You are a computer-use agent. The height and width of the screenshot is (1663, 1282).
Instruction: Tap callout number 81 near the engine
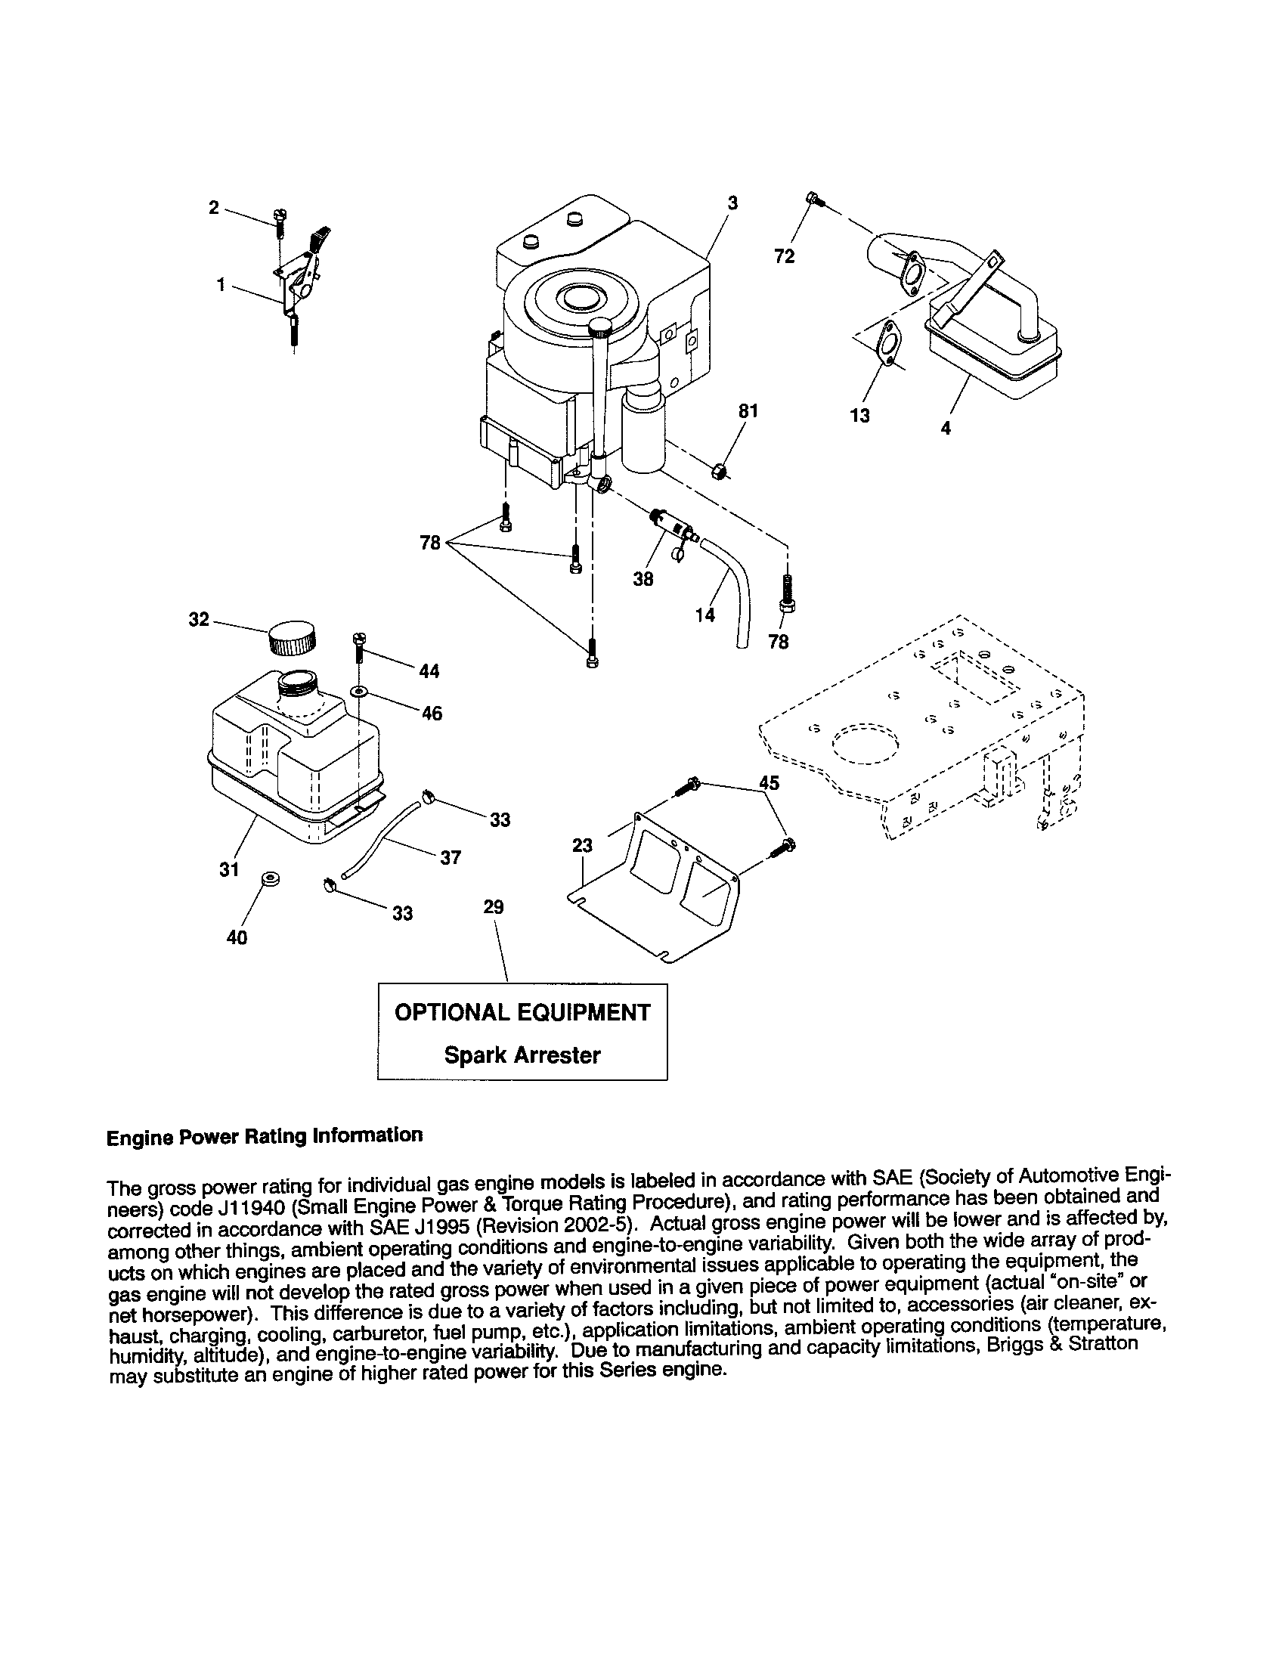point(748,411)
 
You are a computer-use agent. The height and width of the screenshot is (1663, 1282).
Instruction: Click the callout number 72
point(784,256)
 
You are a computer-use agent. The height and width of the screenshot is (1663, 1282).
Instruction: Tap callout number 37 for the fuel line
point(451,857)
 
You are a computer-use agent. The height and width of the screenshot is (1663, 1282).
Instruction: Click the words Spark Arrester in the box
point(522,1055)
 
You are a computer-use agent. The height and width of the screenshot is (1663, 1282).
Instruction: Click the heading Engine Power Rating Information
point(264,1136)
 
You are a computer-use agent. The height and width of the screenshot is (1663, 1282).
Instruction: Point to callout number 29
point(494,907)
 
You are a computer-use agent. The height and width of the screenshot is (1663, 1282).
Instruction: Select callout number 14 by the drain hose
point(705,615)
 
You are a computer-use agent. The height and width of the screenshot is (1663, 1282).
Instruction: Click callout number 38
point(643,580)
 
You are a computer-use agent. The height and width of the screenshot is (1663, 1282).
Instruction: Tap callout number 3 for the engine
point(732,203)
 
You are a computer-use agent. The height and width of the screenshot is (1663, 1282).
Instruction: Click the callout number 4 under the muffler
point(946,428)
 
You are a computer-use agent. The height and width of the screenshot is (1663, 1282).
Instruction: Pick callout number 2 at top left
point(214,207)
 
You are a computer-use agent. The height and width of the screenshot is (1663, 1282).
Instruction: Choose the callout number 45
point(769,783)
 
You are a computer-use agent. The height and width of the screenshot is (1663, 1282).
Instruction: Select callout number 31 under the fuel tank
point(229,869)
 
